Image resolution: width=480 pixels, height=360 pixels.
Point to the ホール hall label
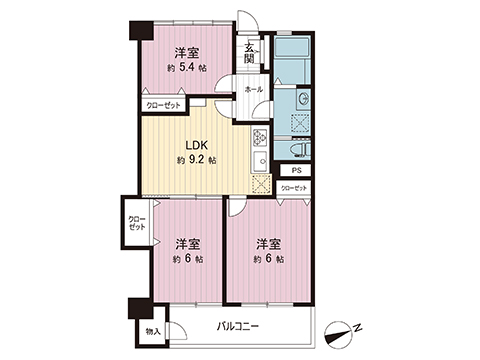click(x=253, y=89)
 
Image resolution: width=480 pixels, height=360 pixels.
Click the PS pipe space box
click(x=295, y=171)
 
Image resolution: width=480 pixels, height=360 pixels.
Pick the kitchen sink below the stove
click(x=262, y=160)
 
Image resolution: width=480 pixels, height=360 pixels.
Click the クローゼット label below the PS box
click(x=294, y=187)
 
